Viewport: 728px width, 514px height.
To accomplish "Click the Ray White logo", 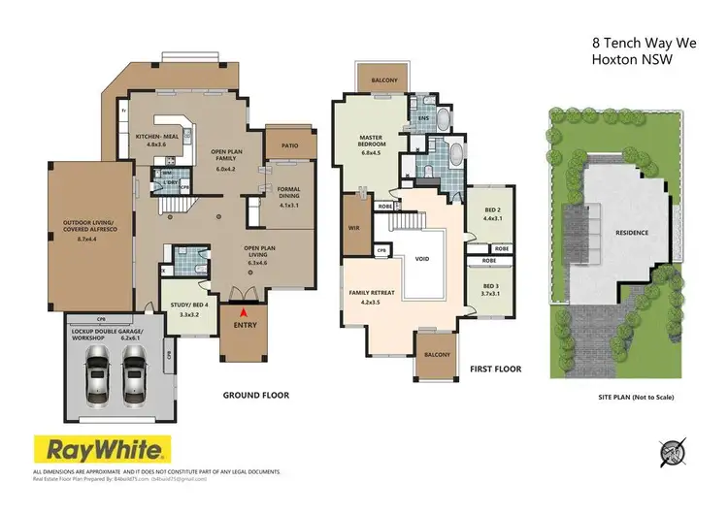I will pos(103,449).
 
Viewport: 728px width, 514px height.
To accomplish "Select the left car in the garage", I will pos(98,371).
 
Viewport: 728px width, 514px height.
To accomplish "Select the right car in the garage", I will pos(134,371).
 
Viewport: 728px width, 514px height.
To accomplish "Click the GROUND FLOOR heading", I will pos(257,395).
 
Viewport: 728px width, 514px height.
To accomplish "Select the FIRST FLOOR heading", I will pos(494,369).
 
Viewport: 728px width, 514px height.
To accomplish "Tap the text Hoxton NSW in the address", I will pos(630,58).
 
